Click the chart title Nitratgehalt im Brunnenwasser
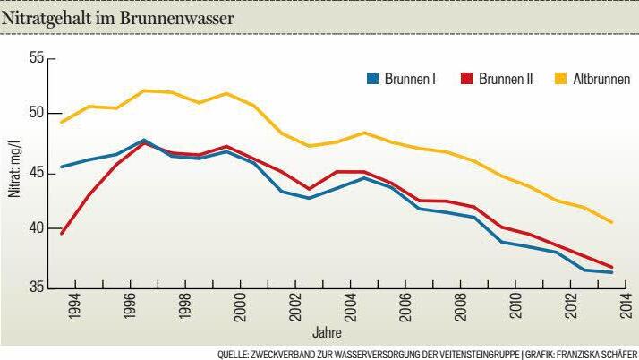118,18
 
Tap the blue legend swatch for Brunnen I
372,79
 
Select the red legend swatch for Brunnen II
466,79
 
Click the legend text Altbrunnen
601,79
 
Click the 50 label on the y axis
36,114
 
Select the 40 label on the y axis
36,228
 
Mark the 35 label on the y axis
36,287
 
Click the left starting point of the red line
61,234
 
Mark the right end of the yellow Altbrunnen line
612,222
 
